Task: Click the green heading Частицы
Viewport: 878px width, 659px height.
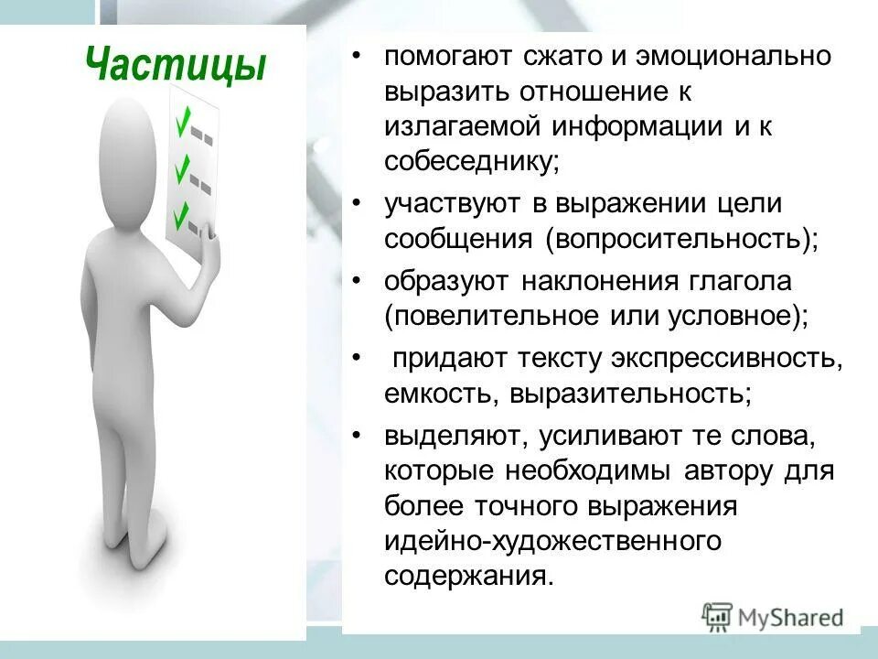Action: [x=176, y=66]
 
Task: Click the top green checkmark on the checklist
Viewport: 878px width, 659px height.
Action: [x=184, y=119]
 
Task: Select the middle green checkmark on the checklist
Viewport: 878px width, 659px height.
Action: [x=183, y=167]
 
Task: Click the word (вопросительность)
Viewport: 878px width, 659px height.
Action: [x=681, y=240]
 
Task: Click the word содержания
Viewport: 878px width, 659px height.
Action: [x=468, y=577]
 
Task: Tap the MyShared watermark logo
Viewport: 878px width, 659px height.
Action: [x=773, y=616]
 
